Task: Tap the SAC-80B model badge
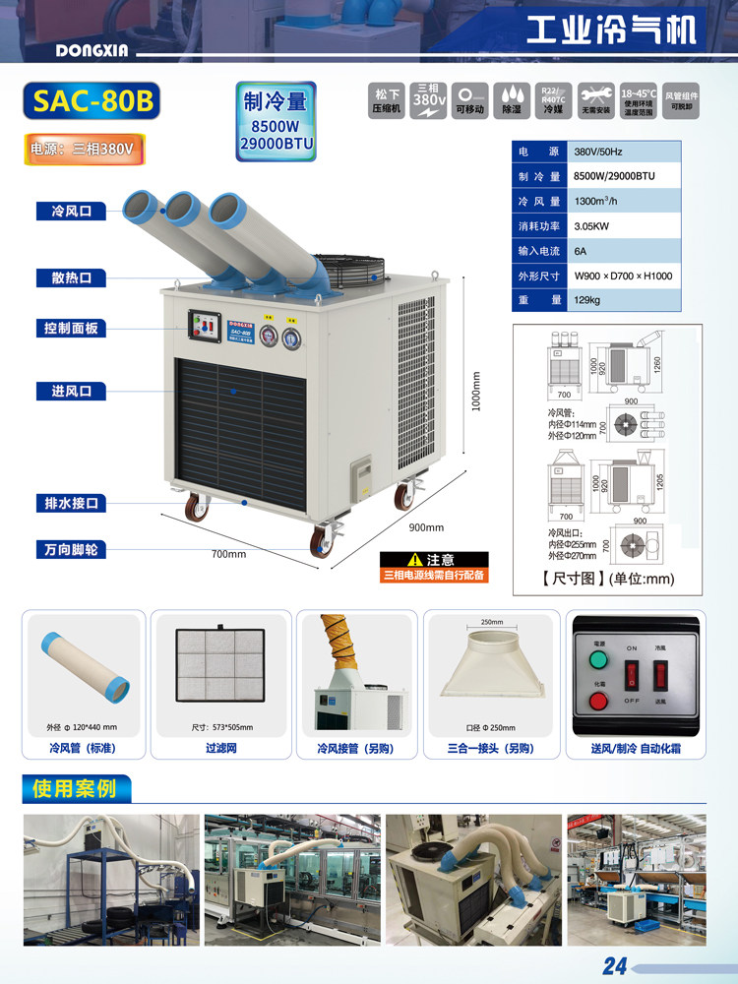point(90,102)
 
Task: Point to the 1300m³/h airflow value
point(596,202)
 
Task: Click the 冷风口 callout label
point(71,211)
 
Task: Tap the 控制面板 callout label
point(71,329)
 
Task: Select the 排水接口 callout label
point(71,504)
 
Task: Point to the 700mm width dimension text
point(228,554)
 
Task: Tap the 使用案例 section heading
point(75,788)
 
